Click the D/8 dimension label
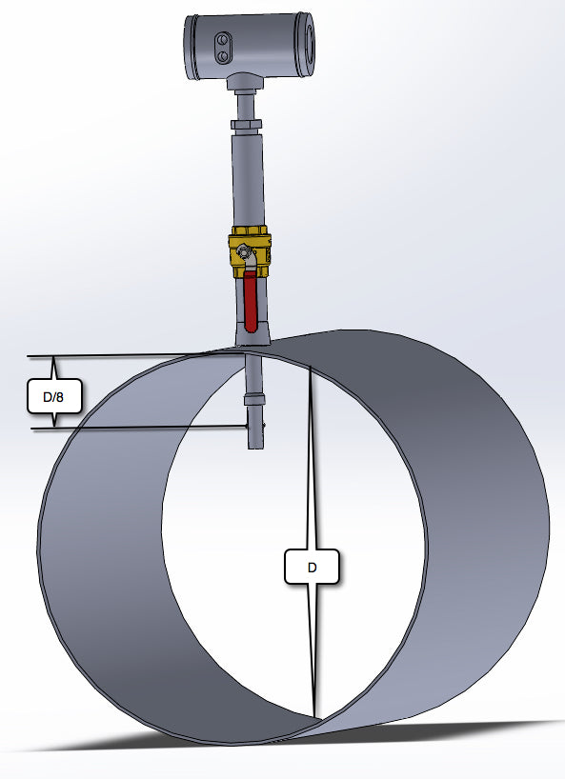click(53, 395)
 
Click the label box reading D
click(312, 568)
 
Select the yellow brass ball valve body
click(251, 253)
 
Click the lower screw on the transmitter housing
click(222, 56)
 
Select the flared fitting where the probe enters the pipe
click(251, 335)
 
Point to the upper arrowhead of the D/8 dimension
click(53, 362)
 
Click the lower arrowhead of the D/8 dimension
click(53, 424)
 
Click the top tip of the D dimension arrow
click(310, 367)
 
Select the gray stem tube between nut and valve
click(250, 181)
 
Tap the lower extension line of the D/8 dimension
click(143, 428)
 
